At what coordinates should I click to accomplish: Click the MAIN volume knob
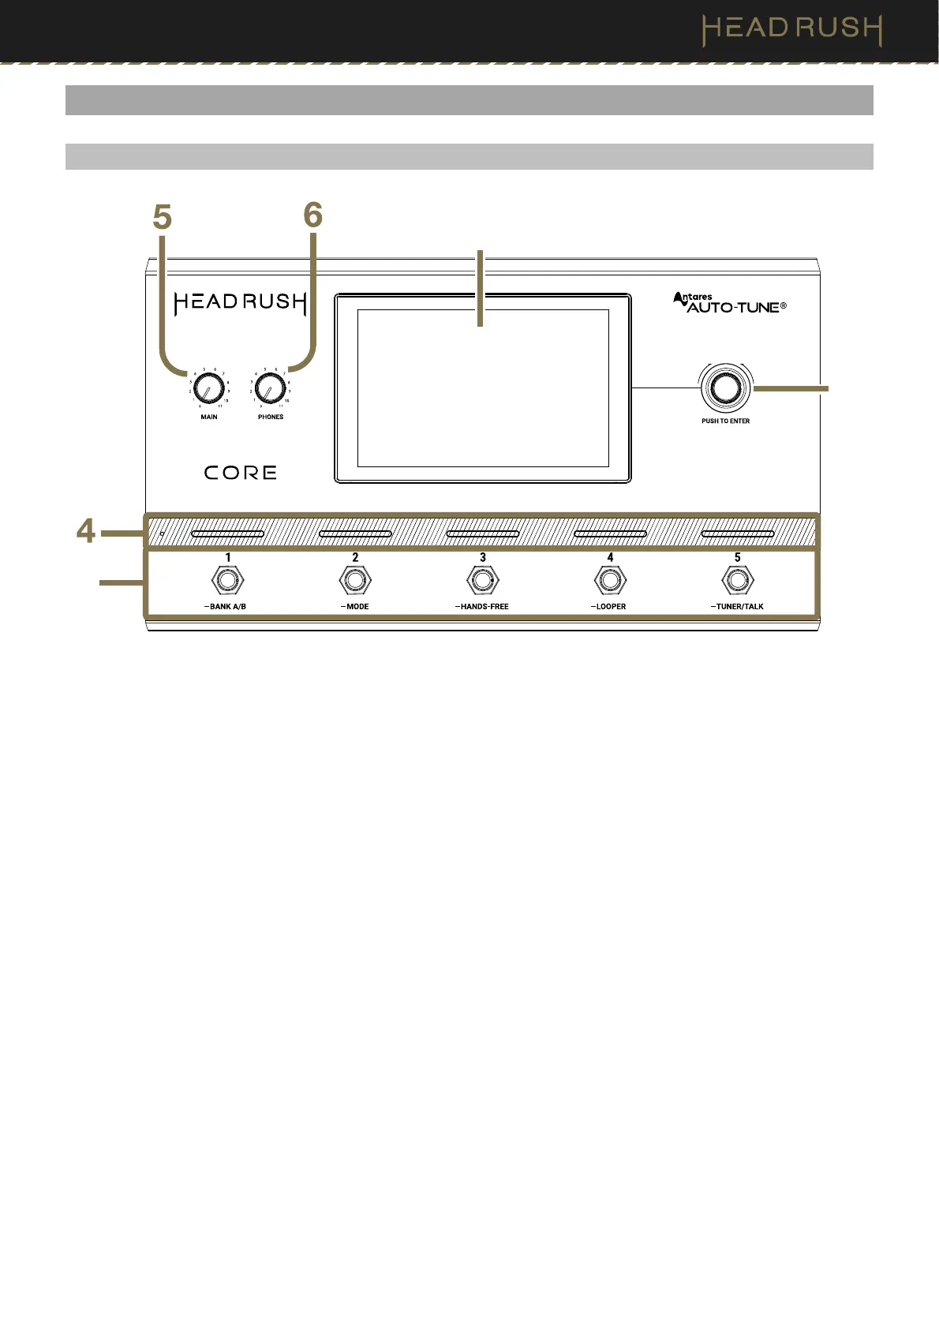pyautogui.click(x=209, y=388)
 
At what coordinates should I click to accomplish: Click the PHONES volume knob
pyautogui.click(x=270, y=388)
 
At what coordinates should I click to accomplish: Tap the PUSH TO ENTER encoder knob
pyautogui.click(x=725, y=387)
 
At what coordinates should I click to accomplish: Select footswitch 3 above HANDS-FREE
pyautogui.click(x=482, y=581)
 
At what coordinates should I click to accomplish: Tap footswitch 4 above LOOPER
pyautogui.click(x=610, y=581)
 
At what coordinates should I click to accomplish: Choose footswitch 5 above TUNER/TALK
pyautogui.click(x=738, y=581)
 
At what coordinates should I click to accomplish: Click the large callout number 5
pyautogui.click(x=163, y=218)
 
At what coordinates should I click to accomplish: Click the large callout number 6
pyautogui.click(x=313, y=215)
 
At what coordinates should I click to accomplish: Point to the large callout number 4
pyautogui.click(x=86, y=531)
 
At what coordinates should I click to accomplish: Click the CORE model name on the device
pyautogui.click(x=241, y=473)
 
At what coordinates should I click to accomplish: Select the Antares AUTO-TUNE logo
pyautogui.click(x=729, y=303)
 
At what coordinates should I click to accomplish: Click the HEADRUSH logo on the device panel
pyautogui.click(x=240, y=302)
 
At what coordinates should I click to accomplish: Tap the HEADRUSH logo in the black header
pyautogui.click(x=791, y=29)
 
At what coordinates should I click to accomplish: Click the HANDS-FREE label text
pyautogui.click(x=484, y=607)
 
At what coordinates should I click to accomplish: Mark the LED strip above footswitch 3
pyautogui.click(x=482, y=534)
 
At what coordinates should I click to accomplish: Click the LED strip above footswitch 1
pyautogui.click(x=227, y=534)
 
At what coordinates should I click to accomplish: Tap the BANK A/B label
pyautogui.click(x=227, y=607)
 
